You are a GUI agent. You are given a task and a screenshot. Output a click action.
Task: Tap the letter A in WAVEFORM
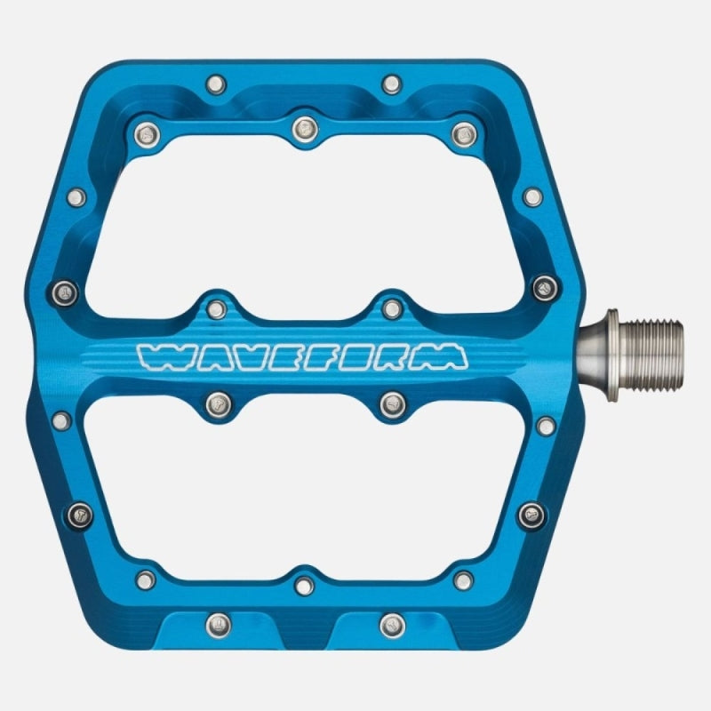203,356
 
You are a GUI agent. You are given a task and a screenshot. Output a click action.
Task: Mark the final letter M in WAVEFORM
440,356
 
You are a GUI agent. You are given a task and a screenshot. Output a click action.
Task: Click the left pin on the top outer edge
214,84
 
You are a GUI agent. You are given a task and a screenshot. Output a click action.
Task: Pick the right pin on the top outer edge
392,84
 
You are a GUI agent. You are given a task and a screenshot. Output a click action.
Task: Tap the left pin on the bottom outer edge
214,625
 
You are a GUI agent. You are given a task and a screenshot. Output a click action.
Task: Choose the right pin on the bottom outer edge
392,625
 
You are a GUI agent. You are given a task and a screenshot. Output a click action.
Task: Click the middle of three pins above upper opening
304,127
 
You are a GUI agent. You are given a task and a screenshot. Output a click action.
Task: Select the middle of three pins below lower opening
304,585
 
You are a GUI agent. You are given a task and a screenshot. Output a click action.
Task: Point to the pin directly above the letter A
215,308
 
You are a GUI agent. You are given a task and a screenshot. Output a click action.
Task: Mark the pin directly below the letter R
392,405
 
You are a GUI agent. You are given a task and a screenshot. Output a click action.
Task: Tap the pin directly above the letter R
392,308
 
